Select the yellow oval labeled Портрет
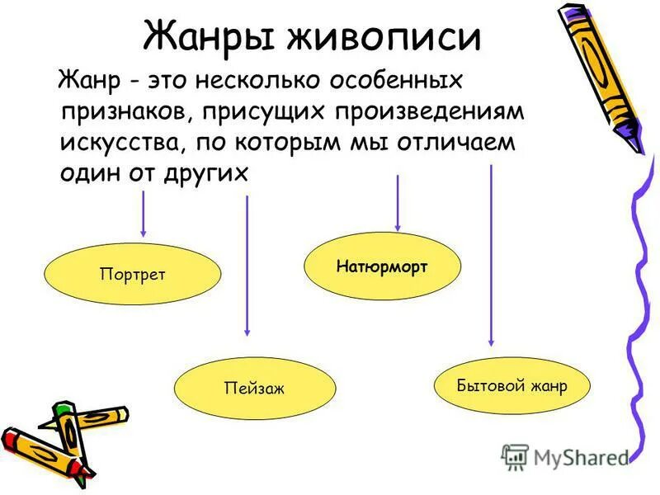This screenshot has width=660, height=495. (132, 274)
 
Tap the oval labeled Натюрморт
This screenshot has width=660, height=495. (382, 266)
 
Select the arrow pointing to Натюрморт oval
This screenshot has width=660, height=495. (398, 202)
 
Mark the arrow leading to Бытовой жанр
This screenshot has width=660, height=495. (492, 256)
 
